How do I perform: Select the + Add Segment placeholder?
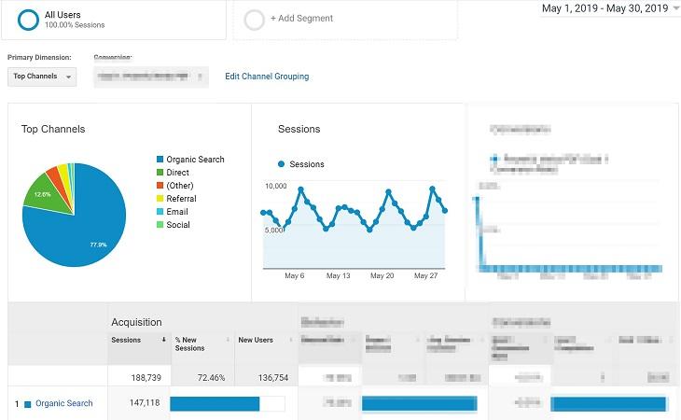tap(300, 19)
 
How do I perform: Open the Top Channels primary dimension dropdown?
tap(42, 77)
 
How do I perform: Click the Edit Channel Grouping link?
tap(267, 77)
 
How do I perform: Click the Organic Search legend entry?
tap(195, 160)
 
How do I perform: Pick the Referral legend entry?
tap(181, 199)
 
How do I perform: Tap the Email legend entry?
tap(176, 212)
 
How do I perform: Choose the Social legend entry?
tap(177, 225)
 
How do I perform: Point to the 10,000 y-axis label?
tap(275, 187)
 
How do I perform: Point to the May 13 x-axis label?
tap(339, 276)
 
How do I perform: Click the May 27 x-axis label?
tap(425, 276)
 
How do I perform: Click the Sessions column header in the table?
tap(126, 340)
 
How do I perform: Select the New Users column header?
tap(256, 340)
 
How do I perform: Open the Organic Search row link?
tap(63, 403)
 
